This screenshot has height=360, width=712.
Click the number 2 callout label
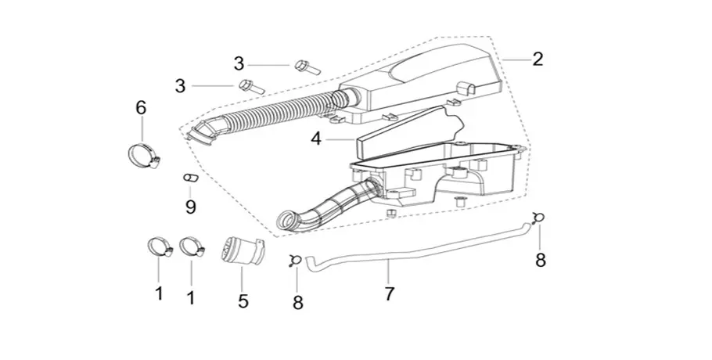pyautogui.click(x=538, y=59)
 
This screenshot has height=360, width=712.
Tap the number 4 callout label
pyautogui.click(x=316, y=139)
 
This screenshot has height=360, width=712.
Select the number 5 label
pyautogui.click(x=243, y=300)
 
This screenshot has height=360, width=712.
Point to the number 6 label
pyautogui.click(x=141, y=107)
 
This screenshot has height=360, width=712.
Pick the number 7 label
pyautogui.click(x=390, y=293)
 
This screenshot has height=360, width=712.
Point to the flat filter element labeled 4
pyautogui.click(x=403, y=133)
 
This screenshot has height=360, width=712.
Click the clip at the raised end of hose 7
pyautogui.click(x=537, y=218)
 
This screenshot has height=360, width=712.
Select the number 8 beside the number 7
pyautogui.click(x=298, y=301)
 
